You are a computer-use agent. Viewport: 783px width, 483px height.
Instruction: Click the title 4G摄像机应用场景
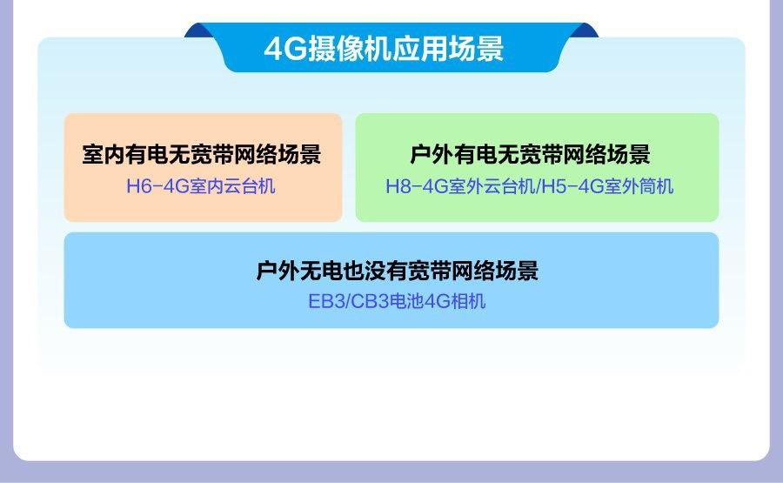pyautogui.click(x=384, y=49)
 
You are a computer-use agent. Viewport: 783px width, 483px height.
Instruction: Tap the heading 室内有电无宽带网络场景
pyautogui.click(x=202, y=154)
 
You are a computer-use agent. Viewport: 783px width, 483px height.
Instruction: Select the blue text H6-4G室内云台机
pyautogui.click(x=201, y=186)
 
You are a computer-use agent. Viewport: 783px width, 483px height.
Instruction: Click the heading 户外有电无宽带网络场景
pyautogui.click(x=530, y=154)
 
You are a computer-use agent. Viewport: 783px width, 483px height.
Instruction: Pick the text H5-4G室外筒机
pyautogui.click(x=607, y=186)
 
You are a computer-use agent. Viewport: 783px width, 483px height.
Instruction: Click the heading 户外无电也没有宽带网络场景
pyautogui.click(x=397, y=271)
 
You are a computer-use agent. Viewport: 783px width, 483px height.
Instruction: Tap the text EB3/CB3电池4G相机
pyautogui.click(x=397, y=301)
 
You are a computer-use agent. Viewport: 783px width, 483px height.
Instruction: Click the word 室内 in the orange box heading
pyautogui.click(x=104, y=154)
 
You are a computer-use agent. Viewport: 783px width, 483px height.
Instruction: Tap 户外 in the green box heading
pyautogui.click(x=431, y=154)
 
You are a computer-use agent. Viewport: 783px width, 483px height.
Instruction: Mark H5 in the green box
pyautogui.click(x=553, y=186)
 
